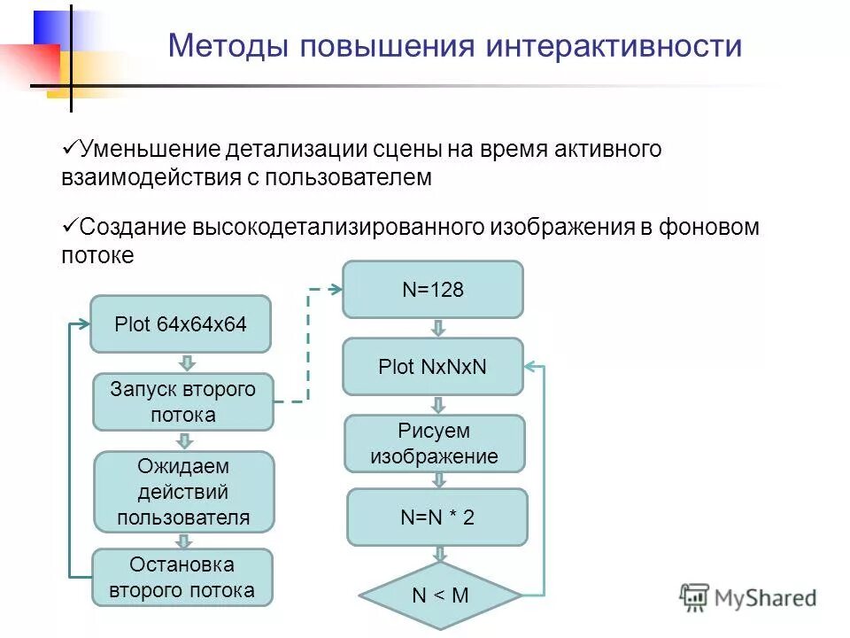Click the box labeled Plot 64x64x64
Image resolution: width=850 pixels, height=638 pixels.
tap(181, 324)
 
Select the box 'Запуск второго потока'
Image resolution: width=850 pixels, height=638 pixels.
tap(183, 401)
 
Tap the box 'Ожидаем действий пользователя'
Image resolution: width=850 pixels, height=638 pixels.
tap(183, 492)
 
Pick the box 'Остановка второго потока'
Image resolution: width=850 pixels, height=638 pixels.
tap(183, 577)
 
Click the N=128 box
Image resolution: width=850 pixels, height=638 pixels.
tap(433, 290)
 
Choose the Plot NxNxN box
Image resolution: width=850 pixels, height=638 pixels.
tap(433, 366)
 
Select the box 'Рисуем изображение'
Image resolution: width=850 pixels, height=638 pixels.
tap(434, 444)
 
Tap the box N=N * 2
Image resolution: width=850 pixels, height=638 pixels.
tap(437, 517)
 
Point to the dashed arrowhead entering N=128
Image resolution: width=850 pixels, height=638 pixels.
tap(336, 289)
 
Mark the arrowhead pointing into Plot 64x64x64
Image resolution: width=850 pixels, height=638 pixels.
tap(84, 324)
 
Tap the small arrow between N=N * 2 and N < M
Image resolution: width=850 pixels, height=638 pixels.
tap(440, 554)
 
